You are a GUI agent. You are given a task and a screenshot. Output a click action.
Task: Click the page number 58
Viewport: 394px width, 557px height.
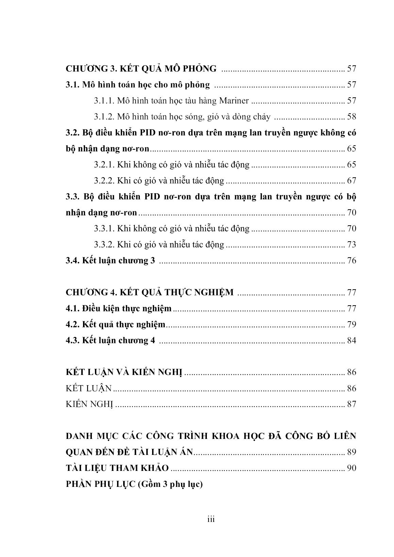click(351, 117)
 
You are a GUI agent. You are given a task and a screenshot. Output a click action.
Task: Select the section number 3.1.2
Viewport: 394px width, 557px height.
click(104, 117)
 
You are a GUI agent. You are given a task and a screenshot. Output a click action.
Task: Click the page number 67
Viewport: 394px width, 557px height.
click(351, 181)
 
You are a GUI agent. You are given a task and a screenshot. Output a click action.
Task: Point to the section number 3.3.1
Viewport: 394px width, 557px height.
click(104, 228)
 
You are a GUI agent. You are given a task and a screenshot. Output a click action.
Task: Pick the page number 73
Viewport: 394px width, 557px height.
click(351, 244)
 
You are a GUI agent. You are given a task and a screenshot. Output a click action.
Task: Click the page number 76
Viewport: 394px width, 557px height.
click(351, 261)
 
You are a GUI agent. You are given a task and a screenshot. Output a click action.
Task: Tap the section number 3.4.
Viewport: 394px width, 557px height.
click(72, 261)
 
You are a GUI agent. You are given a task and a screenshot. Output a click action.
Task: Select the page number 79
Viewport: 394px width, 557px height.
click(351, 324)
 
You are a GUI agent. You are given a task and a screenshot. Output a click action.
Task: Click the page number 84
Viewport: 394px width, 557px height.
click(351, 341)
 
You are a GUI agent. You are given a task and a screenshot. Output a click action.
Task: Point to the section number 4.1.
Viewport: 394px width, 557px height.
click(72, 309)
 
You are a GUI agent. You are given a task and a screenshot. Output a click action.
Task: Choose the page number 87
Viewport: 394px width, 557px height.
click(351, 404)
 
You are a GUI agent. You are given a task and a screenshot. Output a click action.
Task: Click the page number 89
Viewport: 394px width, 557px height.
click(351, 452)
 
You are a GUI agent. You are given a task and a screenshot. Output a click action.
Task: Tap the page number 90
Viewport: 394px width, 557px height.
click(351, 468)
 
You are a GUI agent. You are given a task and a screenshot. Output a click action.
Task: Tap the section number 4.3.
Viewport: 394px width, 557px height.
click(72, 341)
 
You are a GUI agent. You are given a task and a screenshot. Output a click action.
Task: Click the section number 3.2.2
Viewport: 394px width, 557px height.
click(104, 181)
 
